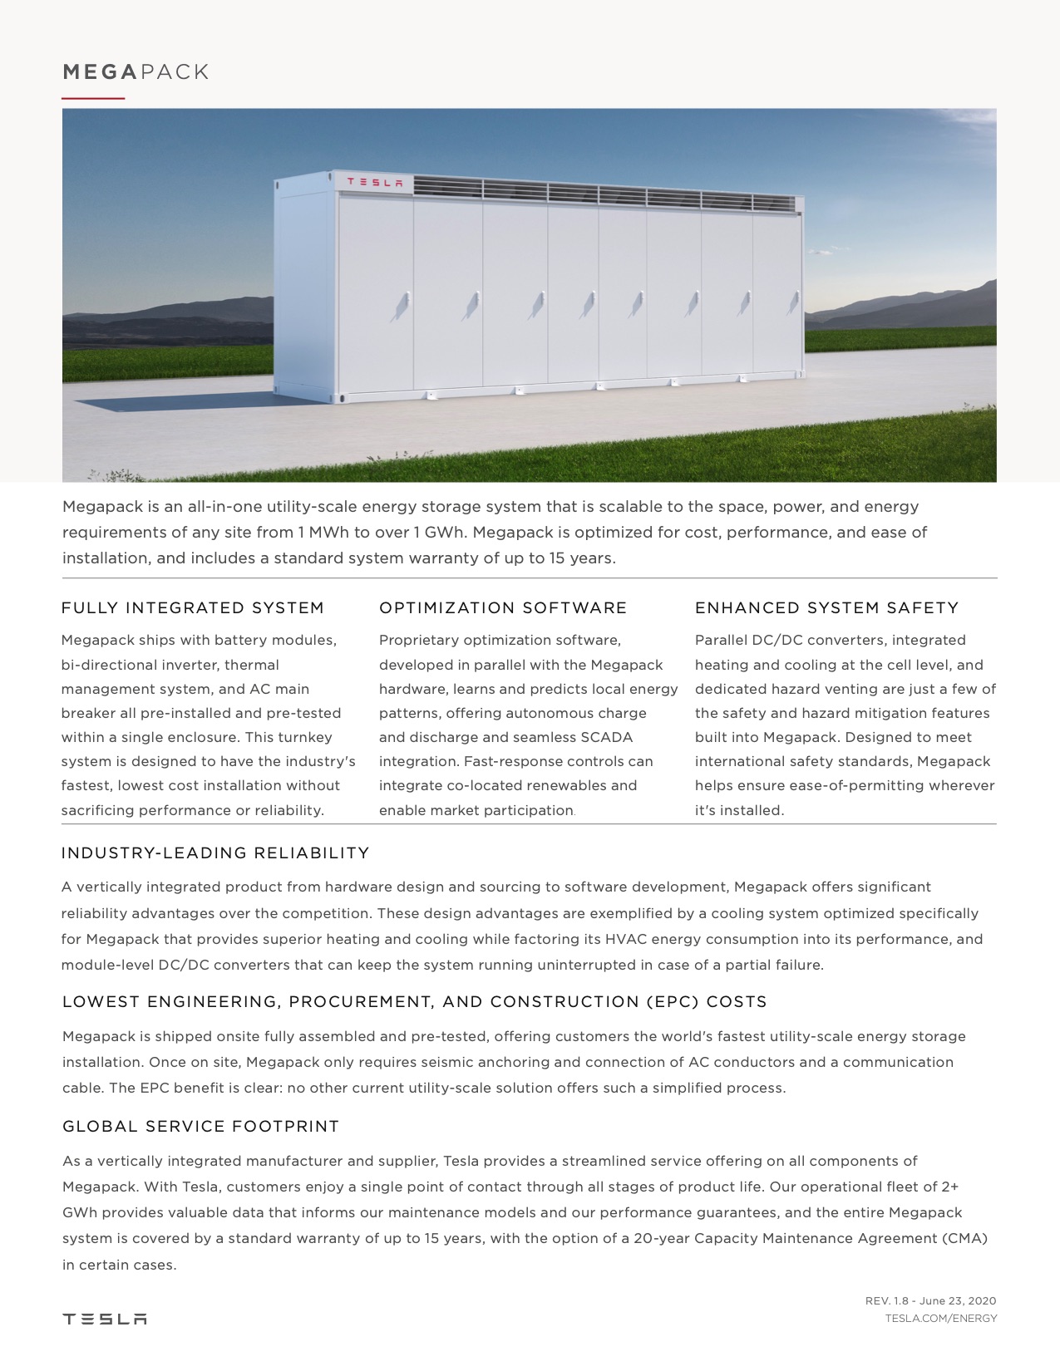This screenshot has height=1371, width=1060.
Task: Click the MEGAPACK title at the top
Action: [136, 72]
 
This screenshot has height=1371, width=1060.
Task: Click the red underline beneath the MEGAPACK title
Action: [93, 98]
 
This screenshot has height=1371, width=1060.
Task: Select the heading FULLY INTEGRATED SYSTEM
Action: [193, 608]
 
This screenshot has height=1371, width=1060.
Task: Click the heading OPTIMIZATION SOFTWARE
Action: [503, 608]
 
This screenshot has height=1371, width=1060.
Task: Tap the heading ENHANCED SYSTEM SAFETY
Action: [826, 608]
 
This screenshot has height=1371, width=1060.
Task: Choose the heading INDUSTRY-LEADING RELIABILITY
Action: [215, 853]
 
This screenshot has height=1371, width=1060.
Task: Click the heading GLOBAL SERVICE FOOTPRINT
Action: [201, 1127]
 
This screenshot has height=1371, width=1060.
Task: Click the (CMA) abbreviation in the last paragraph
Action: [964, 1239]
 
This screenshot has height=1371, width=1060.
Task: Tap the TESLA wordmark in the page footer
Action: [105, 1319]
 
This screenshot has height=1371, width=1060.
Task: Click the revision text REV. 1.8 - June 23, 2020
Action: [930, 1301]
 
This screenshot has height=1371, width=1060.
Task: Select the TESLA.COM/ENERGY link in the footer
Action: [940, 1319]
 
